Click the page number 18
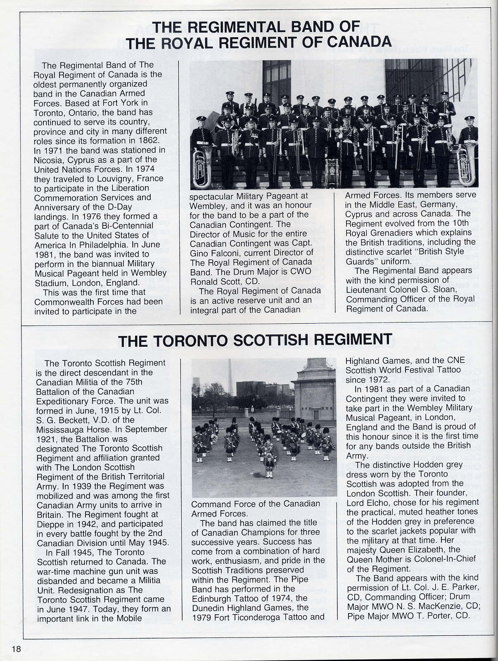point(16,649)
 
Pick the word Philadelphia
point(109,245)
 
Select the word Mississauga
point(63,429)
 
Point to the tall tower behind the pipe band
point(230,378)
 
